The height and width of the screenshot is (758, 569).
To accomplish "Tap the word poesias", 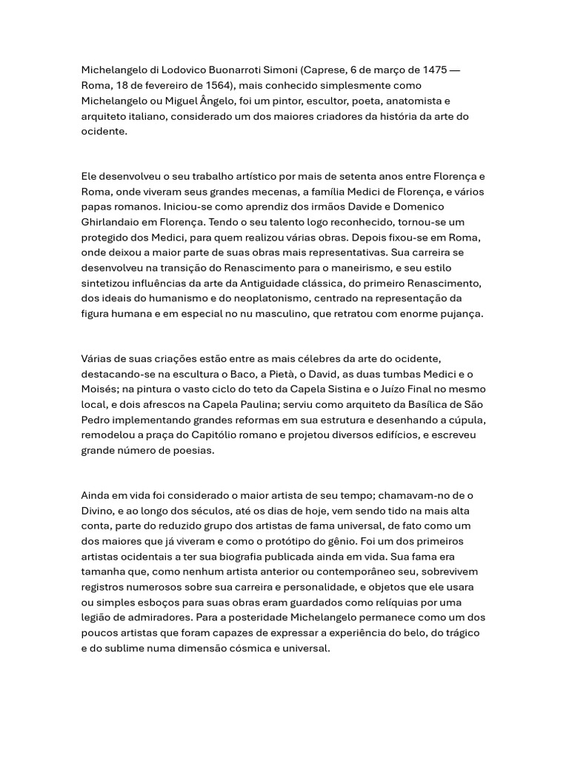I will (x=193, y=451).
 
